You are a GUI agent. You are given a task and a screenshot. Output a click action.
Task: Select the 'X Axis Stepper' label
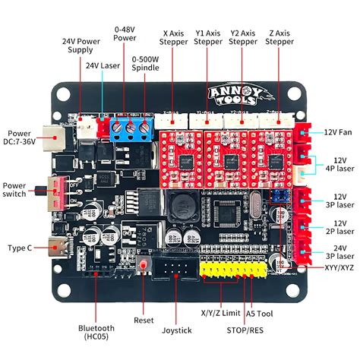tap(176, 37)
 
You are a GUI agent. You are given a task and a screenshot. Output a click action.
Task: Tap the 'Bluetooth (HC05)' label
tap(96, 333)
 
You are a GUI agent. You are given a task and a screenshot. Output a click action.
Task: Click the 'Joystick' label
tap(176, 330)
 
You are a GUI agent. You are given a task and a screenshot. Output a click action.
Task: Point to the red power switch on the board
tap(57, 193)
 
